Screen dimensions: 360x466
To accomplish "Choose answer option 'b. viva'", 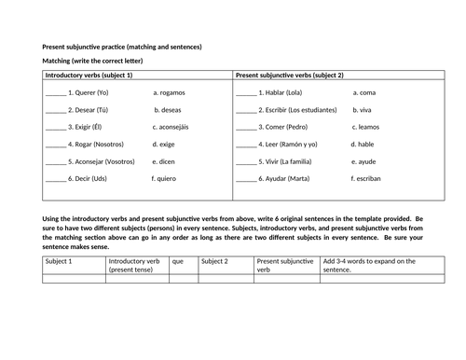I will (366, 109).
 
